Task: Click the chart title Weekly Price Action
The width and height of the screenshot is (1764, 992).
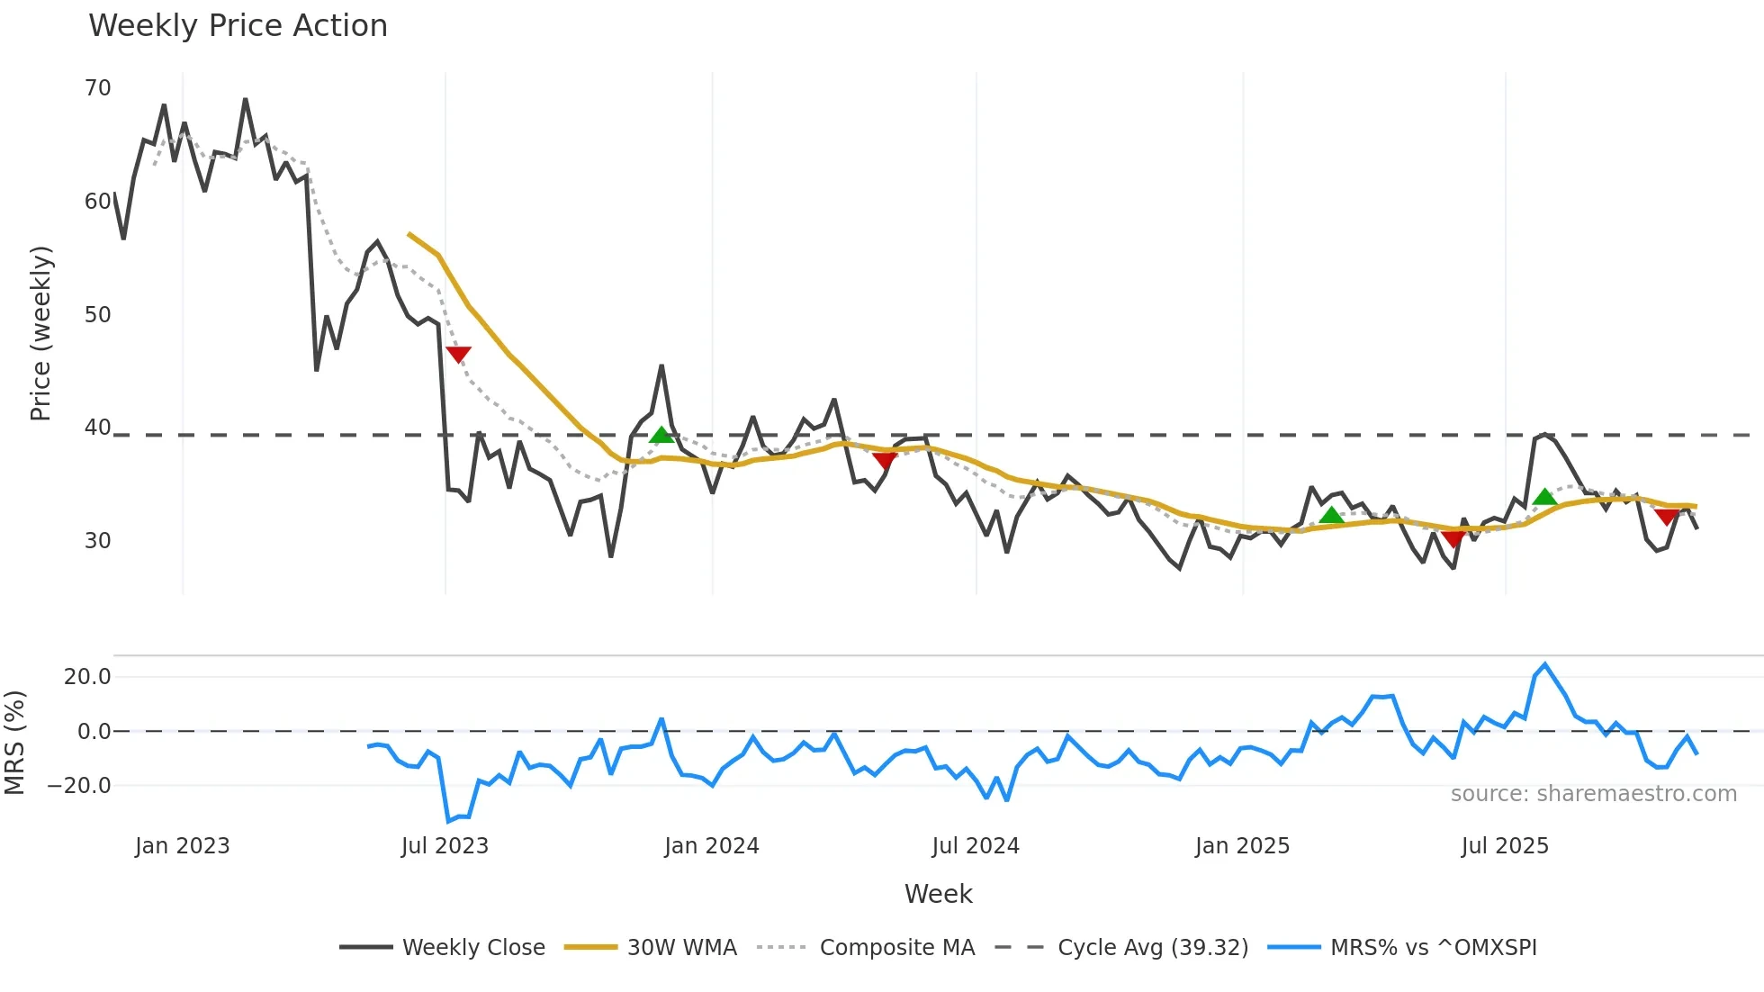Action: (x=238, y=26)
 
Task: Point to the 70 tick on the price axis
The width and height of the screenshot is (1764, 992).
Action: (x=97, y=88)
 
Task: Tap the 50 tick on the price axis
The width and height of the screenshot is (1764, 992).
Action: (x=97, y=315)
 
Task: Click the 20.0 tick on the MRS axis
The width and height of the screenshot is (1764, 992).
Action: (x=87, y=677)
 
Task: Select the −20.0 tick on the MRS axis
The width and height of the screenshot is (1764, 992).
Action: (x=79, y=786)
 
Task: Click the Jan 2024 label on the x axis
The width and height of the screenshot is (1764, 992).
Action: (x=711, y=846)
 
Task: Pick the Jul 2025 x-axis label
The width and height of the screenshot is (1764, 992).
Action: (x=1505, y=846)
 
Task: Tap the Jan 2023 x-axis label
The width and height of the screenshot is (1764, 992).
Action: (x=183, y=846)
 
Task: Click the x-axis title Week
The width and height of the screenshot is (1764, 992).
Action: (x=938, y=894)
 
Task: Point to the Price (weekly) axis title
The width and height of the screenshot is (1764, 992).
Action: (x=41, y=333)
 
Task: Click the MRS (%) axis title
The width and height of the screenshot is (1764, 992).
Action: (x=15, y=743)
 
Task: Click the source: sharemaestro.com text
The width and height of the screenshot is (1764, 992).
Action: (x=1593, y=794)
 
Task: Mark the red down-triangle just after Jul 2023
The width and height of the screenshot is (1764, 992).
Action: (x=458, y=355)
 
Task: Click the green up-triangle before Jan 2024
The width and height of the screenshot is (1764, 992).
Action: (x=661, y=436)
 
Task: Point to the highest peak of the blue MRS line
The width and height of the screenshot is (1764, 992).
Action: (x=1544, y=665)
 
